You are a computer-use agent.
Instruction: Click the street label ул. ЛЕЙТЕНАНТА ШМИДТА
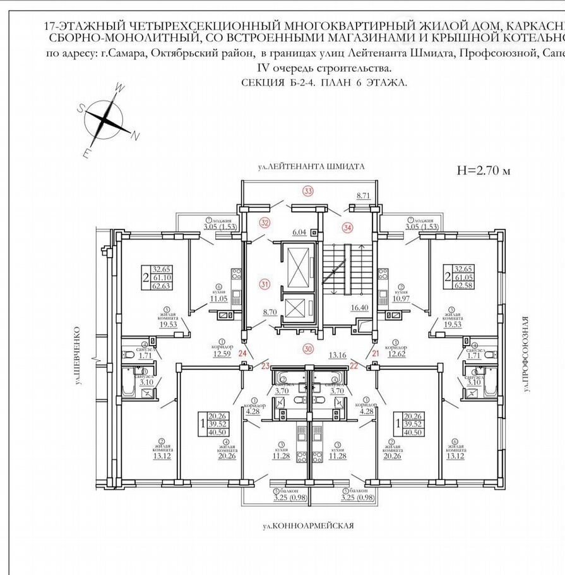coord(311,167)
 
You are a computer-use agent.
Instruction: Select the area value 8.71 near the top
coord(362,197)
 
